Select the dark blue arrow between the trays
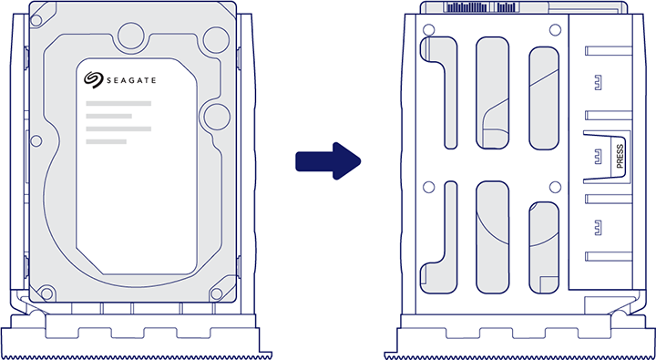328,161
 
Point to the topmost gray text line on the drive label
118,104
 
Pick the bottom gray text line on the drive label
118,140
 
